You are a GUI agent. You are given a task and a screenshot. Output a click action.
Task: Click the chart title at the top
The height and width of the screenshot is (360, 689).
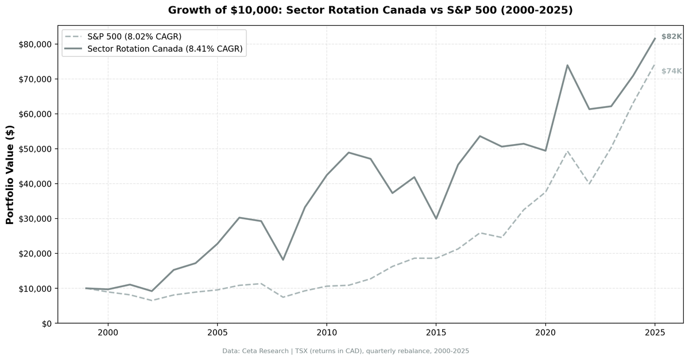pyautogui.click(x=370, y=10)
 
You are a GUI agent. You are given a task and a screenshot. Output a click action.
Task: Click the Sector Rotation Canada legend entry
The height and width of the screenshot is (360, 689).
pyautogui.click(x=165, y=49)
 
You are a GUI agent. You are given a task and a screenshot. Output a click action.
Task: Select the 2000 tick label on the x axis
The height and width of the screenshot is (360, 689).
pyautogui.click(x=108, y=333)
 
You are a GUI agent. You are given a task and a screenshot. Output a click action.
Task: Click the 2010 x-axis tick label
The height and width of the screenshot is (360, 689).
pyautogui.click(x=326, y=333)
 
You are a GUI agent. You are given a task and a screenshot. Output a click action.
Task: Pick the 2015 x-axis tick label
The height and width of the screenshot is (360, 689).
pyautogui.click(x=436, y=333)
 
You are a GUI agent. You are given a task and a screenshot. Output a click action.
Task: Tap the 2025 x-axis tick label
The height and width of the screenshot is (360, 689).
pyautogui.click(x=655, y=333)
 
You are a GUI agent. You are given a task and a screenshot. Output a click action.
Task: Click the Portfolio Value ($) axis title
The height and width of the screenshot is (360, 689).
pyautogui.click(x=10, y=175)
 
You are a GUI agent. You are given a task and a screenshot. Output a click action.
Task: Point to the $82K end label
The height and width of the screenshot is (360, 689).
pyautogui.click(x=671, y=36)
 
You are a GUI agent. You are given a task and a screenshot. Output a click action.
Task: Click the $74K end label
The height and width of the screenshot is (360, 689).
pyautogui.click(x=671, y=71)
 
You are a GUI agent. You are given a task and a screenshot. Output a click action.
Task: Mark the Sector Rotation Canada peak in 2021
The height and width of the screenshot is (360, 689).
pyautogui.click(x=567, y=65)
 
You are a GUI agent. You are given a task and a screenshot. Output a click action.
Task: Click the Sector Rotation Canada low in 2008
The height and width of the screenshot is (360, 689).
pyautogui.click(x=283, y=260)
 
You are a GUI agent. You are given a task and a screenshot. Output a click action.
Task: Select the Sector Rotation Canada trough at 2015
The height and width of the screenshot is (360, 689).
pyautogui.click(x=436, y=219)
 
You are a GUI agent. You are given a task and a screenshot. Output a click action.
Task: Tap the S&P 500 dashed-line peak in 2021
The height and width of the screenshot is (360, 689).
pyautogui.click(x=567, y=151)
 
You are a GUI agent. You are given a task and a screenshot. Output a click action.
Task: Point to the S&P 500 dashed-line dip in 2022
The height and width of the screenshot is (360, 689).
pyautogui.click(x=589, y=184)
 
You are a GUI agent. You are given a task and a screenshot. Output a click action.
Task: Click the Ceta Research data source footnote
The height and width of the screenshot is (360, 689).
pyautogui.click(x=346, y=351)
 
